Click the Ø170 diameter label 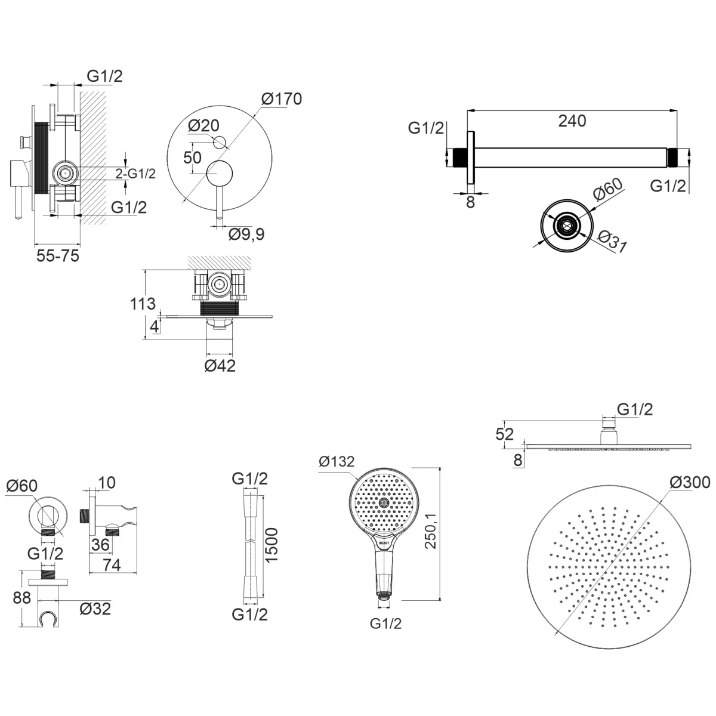(282, 98)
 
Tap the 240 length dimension (572, 121)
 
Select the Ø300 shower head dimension (690, 482)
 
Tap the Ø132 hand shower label (337, 461)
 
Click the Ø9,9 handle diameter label (246, 234)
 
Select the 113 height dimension (143, 304)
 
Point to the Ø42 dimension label (220, 365)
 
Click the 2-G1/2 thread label (135, 174)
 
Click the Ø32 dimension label (95, 608)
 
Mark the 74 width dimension (112, 564)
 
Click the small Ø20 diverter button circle (220, 142)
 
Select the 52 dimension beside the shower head (505, 434)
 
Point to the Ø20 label (203, 125)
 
